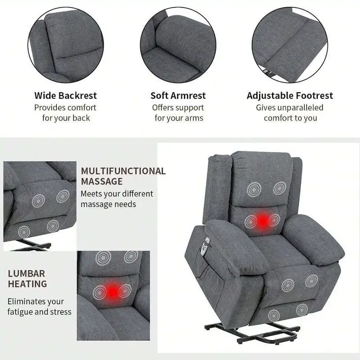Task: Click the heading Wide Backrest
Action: [x=66, y=95]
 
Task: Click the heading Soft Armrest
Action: [x=178, y=95]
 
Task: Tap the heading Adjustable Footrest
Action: [x=290, y=95]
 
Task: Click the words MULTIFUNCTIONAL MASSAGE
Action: [x=123, y=176]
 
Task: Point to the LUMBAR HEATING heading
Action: [x=27, y=279]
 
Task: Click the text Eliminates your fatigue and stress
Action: [x=39, y=306]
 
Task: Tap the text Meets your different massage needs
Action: [x=117, y=199]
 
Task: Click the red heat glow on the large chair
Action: [x=262, y=220]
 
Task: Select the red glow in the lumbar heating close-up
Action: [x=111, y=290]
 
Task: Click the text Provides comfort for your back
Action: [x=66, y=112]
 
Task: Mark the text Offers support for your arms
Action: [x=178, y=112]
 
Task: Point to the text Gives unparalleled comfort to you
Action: [x=290, y=112]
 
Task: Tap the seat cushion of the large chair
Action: [x=270, y=252]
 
